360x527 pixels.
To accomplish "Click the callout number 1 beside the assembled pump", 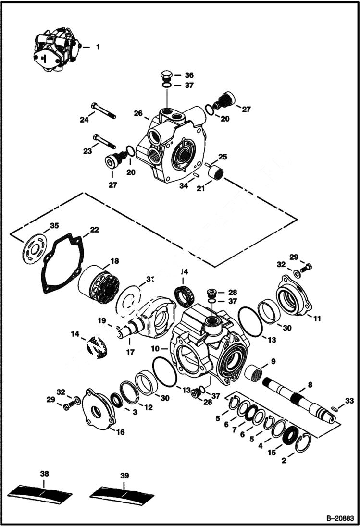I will tap(98, 47).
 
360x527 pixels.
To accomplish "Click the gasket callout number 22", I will tap(94, 230).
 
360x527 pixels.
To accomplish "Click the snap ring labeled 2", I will tap(304, 444).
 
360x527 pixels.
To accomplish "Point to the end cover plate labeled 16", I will tap(98, 408).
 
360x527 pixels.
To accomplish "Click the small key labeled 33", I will tap(335, 408).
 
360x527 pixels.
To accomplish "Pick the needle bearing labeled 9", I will tap(255, 372).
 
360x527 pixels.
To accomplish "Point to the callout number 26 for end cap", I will tap(138, 114).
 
